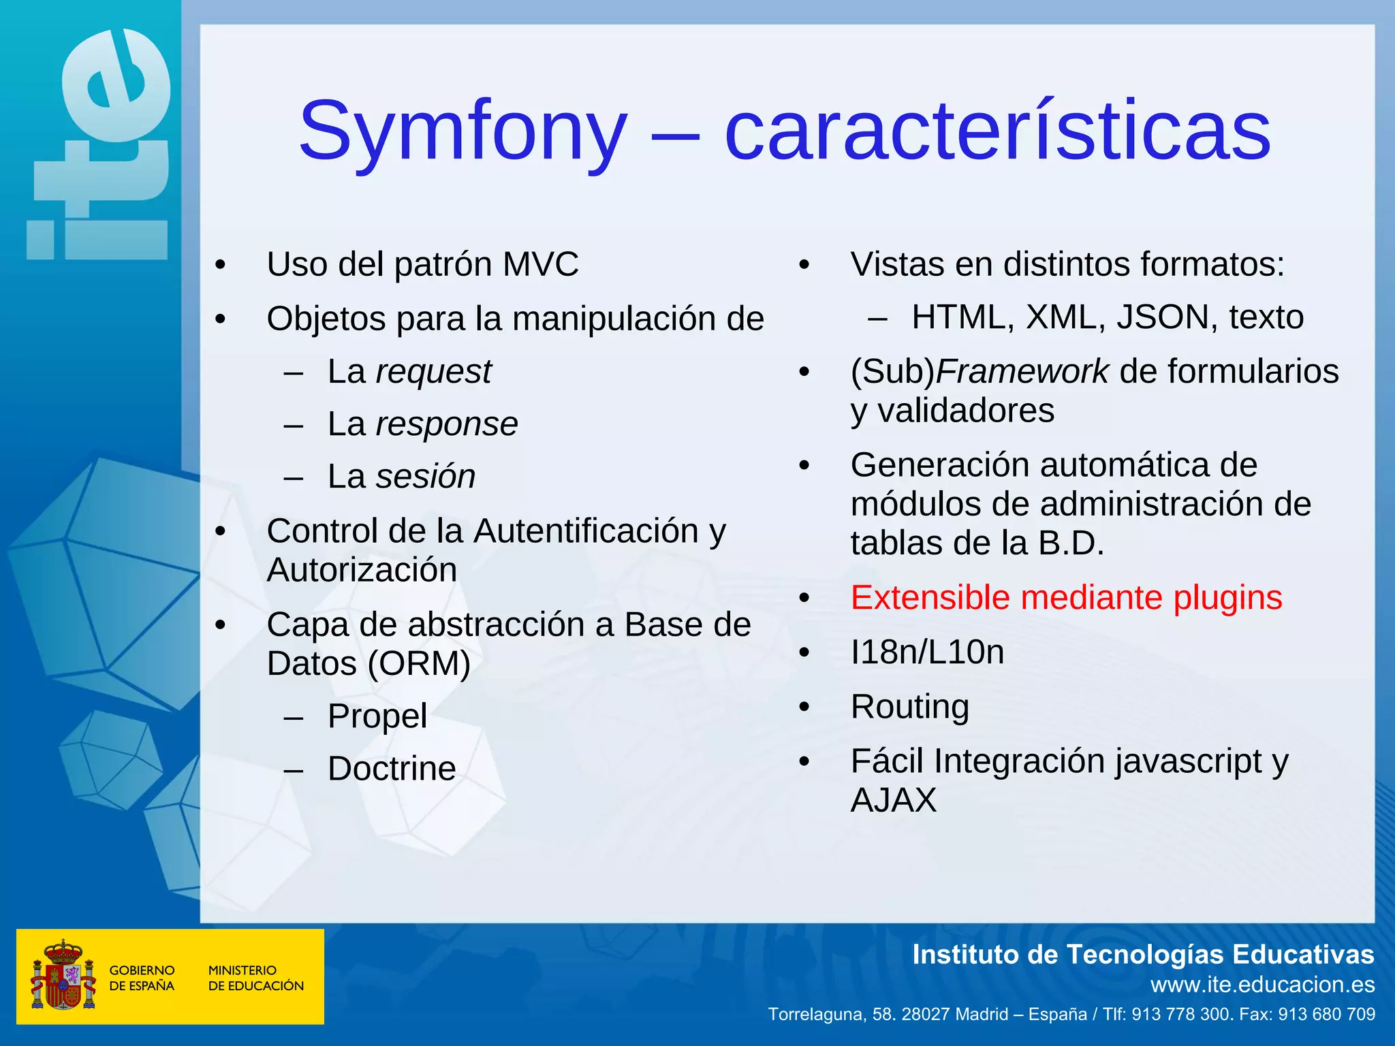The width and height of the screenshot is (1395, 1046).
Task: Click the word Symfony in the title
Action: point(463,131)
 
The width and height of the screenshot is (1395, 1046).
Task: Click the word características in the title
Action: point(997,131)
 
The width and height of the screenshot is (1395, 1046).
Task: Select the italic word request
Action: point(433,372)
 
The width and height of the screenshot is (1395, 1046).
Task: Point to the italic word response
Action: point(447,424)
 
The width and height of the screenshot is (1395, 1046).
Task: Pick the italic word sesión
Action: point(426,477)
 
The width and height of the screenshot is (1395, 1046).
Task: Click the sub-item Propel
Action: point(377,716)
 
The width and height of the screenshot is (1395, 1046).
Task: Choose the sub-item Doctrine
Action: point(392,769)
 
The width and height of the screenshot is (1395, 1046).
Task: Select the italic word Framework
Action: point(1022,372)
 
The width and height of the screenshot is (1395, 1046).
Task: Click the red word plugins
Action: point(1227,598)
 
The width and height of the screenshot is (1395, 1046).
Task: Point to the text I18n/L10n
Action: point(927,652)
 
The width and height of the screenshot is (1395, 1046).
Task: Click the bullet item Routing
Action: point(910,707)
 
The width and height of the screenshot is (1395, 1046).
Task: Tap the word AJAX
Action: point(894,800)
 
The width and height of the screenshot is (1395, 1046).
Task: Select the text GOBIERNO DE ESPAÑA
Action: point(142,978)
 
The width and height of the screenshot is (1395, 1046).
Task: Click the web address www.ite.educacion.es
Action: point(1262,985)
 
